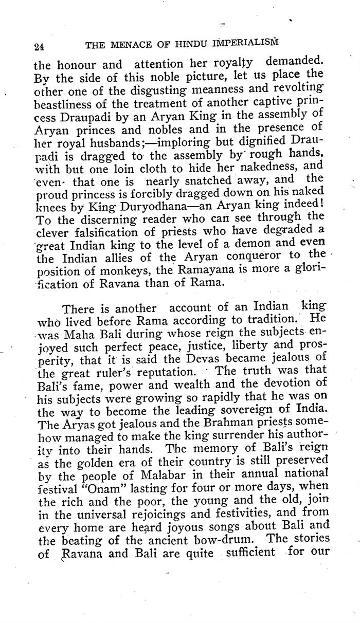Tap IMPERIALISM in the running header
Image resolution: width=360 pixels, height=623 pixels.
coord(245,44)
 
